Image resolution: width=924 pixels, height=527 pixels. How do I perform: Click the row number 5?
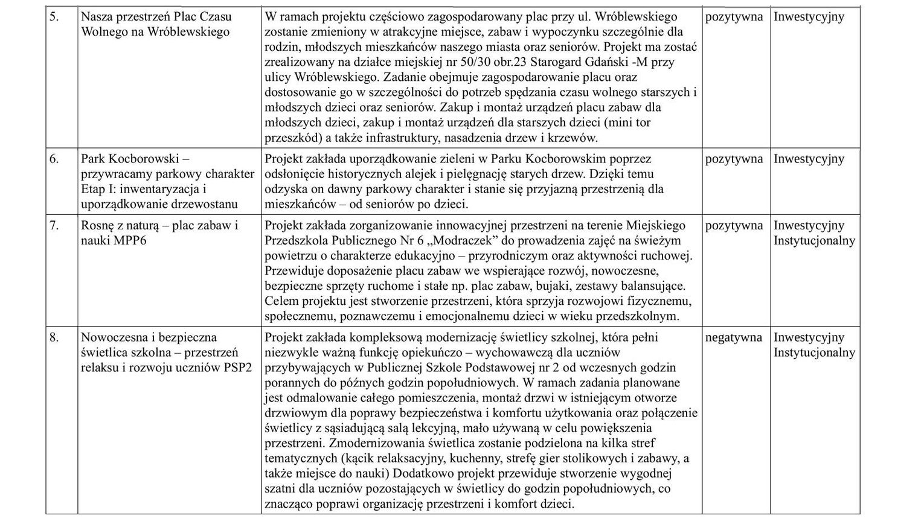(54, 17)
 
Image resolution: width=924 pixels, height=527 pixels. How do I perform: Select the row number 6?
(54, 159)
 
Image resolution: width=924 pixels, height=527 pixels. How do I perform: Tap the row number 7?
(54, 226)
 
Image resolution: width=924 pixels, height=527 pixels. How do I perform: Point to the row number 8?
(54, 337)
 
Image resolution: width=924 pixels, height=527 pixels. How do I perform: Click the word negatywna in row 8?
(733, 337)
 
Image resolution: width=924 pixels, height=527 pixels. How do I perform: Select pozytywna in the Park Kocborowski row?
(734, 159)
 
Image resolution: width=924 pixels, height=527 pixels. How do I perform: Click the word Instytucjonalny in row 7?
(814, 240)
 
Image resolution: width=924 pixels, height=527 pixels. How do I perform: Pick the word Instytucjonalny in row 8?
(814, 353)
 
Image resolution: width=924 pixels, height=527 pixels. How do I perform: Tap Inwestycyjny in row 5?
(809, 17)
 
